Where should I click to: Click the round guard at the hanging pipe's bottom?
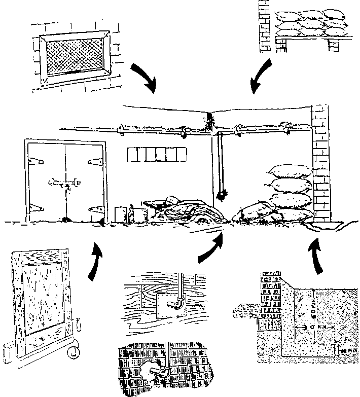(x=221, y=194)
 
